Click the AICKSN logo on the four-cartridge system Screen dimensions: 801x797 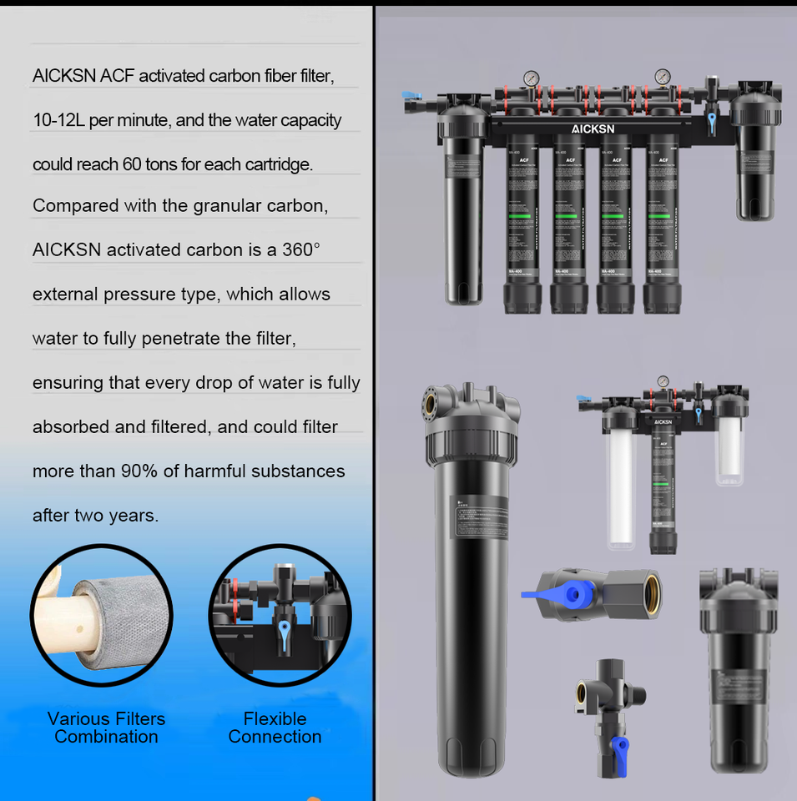pos(593,129)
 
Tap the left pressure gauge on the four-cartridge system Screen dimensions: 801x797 pos(530,78)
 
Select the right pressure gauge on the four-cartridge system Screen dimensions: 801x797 pos(663,77)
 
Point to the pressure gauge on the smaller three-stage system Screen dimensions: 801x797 pos(663,381)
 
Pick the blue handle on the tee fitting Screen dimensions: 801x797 pos(619,745)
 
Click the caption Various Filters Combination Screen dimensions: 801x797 pos(106,728)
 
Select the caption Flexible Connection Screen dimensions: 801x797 pos(275,728)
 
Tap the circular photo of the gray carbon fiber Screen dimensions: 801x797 pos(101,615)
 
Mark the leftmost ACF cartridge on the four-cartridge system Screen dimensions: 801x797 pos(524,221)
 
